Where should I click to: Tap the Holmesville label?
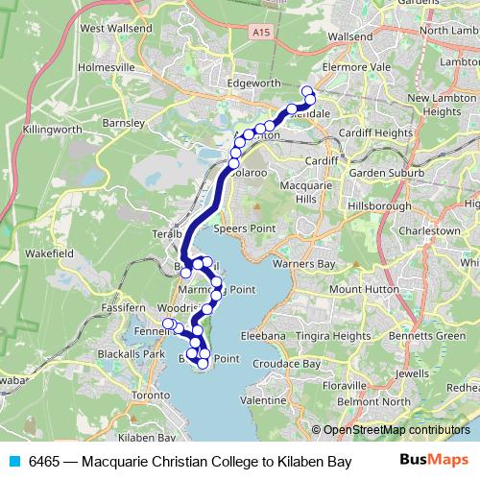coord(108,68)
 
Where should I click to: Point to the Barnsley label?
coord(123,124)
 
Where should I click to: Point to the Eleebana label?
coord(263,336)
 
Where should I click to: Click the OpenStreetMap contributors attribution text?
coord(396,429)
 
